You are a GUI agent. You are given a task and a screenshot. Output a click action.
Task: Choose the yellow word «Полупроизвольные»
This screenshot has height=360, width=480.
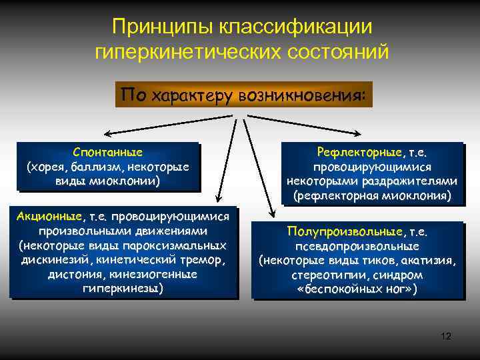(345, 231)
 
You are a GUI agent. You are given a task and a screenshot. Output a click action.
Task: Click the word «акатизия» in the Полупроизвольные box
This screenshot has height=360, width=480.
(431, 260)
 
